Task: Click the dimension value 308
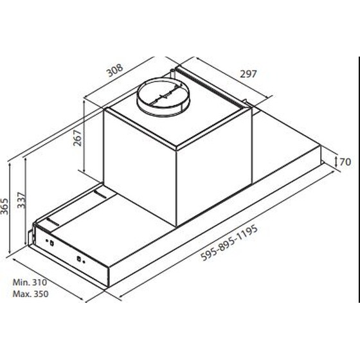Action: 116,70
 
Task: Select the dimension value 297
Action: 248,74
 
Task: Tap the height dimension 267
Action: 77,138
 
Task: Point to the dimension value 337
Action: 21,200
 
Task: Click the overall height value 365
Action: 4,206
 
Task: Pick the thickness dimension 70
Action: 345,162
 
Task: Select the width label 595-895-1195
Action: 230,243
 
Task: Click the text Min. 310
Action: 30,282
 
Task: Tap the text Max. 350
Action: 31,294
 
